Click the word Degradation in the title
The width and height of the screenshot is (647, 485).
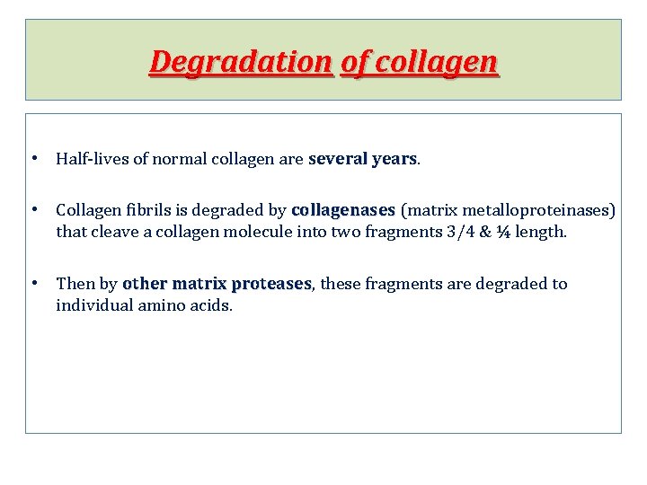(x=241, y=62)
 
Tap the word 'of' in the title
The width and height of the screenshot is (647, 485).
(x=355, y=62)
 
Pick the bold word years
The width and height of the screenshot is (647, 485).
(x=394, y=160)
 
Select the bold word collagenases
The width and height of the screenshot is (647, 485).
(x=343, y=211)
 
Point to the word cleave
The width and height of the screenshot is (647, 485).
(x=113, y=233)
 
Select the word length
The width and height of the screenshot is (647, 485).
(x=544, y=233)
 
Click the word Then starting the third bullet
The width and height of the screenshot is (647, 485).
(x=75, y=285)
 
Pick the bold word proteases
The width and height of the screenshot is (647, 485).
(x=270, y=285)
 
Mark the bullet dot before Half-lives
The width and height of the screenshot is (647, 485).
(x=33, y=159)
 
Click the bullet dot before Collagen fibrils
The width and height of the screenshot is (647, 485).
(x=33, y=210)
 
